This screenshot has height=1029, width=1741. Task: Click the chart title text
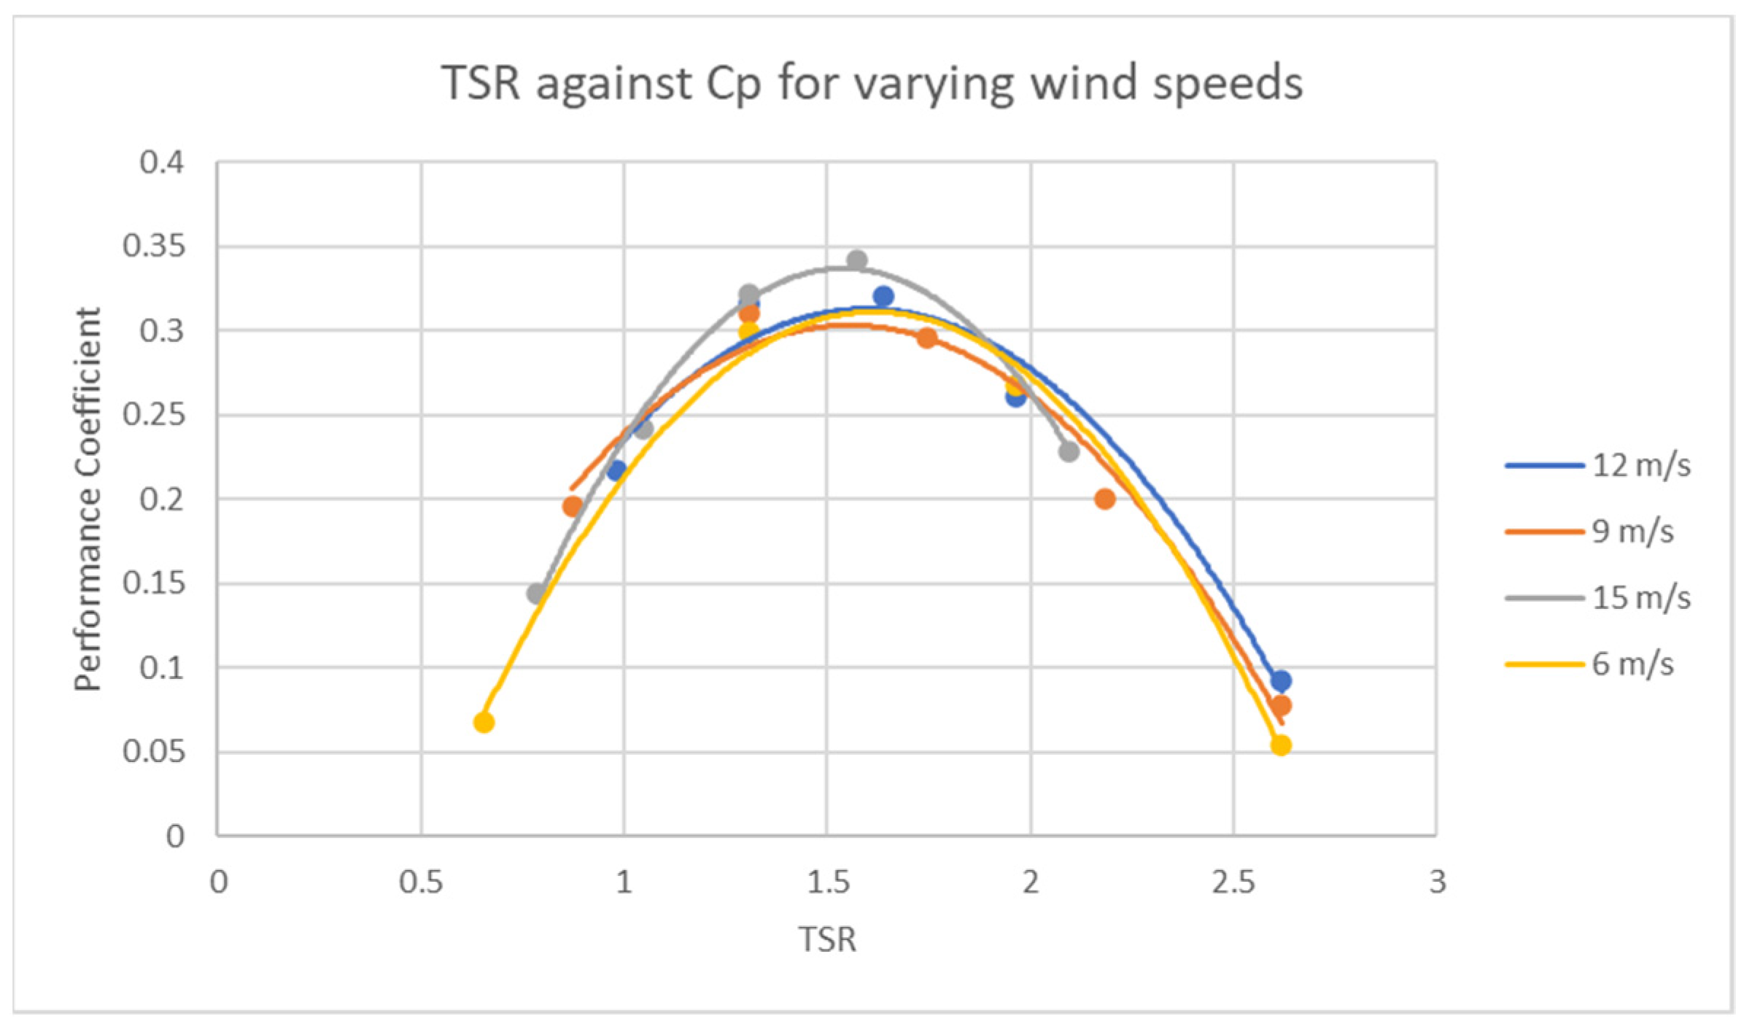(872, 82)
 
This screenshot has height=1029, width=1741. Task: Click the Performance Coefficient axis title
(88, 499)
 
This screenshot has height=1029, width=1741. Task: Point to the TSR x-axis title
(827, 939)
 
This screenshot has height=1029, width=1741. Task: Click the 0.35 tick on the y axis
(154, 246)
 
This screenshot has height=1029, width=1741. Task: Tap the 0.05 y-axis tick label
(154, 752)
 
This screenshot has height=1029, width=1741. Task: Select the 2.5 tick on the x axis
(1233, 882)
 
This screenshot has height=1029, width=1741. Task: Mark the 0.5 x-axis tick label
(421, 882)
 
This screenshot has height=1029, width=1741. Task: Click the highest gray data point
(857, 260)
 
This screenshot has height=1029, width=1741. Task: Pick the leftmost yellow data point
(484, 723)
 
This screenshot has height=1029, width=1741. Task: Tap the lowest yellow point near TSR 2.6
(1281, 745)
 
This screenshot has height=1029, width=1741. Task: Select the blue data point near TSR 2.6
(1281, 680)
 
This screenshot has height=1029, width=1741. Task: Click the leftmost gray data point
(536, 594)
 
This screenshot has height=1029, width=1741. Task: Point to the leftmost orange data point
(573, 505)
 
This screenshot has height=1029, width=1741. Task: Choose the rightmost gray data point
(1069, 451)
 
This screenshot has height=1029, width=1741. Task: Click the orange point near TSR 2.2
(1104, 499)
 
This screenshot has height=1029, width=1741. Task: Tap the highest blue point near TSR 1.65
(883, 296)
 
